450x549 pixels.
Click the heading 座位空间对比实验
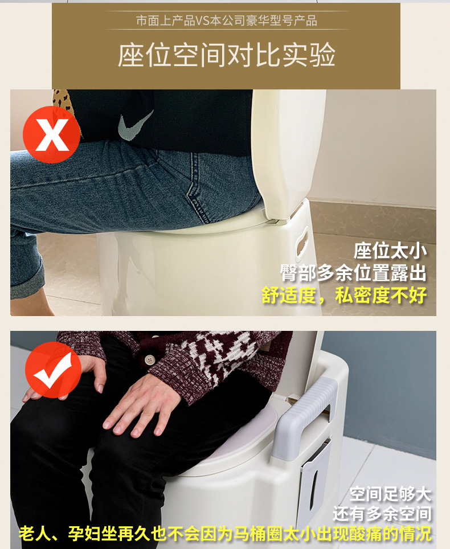pos(226,55)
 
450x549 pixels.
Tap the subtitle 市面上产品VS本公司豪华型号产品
pos(226,21)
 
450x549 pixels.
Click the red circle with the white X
pos(51,135)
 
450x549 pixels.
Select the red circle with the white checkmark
pos(52,370)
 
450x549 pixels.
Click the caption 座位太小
pos(390,251)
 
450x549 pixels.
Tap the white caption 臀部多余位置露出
pos(353,273)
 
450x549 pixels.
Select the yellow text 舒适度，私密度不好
pos(344,295)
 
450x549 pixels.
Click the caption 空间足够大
pos(390,493)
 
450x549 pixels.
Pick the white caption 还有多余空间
pos(382,514)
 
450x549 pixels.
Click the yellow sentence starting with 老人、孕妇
pos(225,534)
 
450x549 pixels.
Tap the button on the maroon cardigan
pos(150,360)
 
